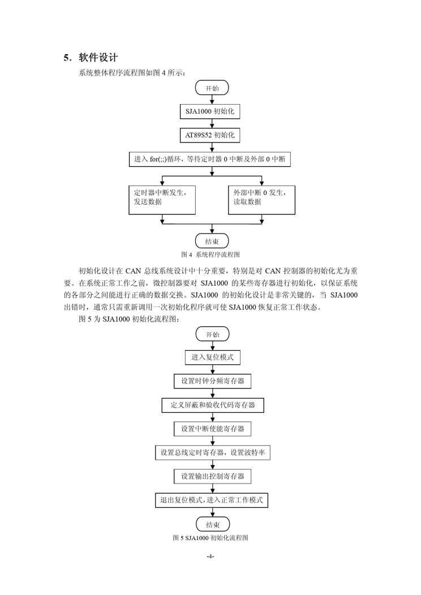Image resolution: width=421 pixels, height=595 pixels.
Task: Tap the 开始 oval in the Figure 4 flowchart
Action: [x=212, y=88]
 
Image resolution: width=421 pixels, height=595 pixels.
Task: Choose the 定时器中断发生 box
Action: [x=161, y=198]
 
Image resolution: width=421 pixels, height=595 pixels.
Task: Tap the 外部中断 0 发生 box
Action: [x=262, y=198]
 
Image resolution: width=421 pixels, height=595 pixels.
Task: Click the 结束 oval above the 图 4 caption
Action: [x=212, y=240]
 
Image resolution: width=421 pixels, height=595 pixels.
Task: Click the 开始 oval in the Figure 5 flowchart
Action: [x=212, y=334]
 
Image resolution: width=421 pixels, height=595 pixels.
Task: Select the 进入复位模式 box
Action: [x=212, y=357]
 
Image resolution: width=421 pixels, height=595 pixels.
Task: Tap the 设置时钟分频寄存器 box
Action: [x=212, y=381]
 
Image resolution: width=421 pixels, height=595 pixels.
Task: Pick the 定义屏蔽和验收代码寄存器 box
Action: [x=212, y=405]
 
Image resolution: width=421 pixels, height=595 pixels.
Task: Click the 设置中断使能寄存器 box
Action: [x=212, y=429]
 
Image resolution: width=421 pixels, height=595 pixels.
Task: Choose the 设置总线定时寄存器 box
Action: [x=212, y=452]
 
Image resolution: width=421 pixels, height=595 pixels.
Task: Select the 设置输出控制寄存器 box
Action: [x=212, y=476]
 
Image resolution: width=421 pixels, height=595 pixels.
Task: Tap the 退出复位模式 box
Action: [x=212, y=500]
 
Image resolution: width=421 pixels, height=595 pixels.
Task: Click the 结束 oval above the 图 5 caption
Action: [x=212, y=524]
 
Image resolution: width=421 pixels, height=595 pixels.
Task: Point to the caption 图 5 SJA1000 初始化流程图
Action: [x=211, y=538]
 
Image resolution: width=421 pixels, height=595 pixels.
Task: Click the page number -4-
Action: [x=210, y=557]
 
